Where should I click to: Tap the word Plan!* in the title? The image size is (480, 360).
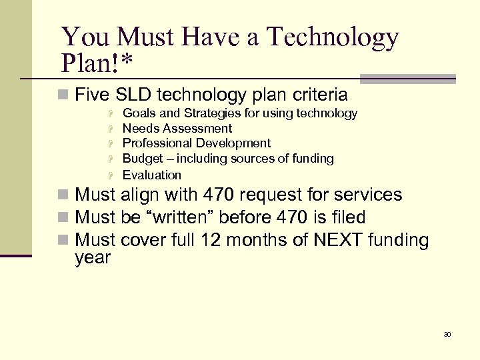click(97, 63)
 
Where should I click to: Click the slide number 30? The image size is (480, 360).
click(447, 334)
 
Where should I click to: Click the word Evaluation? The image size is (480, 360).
click(152, 175)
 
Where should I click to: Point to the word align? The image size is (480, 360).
click(141, 195)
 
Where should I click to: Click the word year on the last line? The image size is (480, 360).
click(93, 257)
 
